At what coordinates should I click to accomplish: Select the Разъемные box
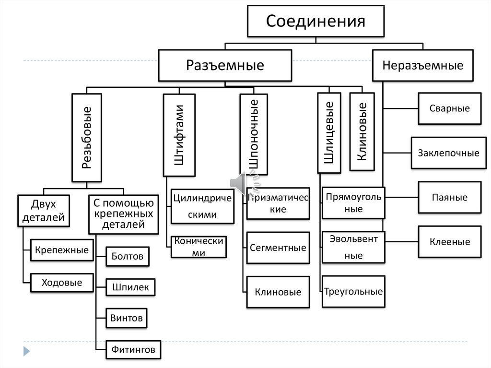[x=225, y=65]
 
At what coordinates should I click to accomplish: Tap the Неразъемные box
[x=423, y=65]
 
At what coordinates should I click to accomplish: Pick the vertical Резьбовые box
[x=87, y=138]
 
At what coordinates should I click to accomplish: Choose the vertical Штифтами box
[x=179, y=135]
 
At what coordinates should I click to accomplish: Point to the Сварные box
[x=449, y=108]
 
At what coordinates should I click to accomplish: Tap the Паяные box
[x=449, y=197]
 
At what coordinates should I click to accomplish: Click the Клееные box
[x=449, y=242]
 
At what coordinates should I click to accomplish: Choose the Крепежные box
[x=62, y=250]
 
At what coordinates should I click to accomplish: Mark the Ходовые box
[x=62, y=283]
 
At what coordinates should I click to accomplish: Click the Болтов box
[x=127, y=256]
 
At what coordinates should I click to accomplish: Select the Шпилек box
[x=130, y=287]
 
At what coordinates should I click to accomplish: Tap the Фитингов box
[x=133, y=350]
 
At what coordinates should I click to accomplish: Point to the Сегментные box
[x=278, y=248]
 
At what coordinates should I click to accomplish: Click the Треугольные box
[x=353, y=291]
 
